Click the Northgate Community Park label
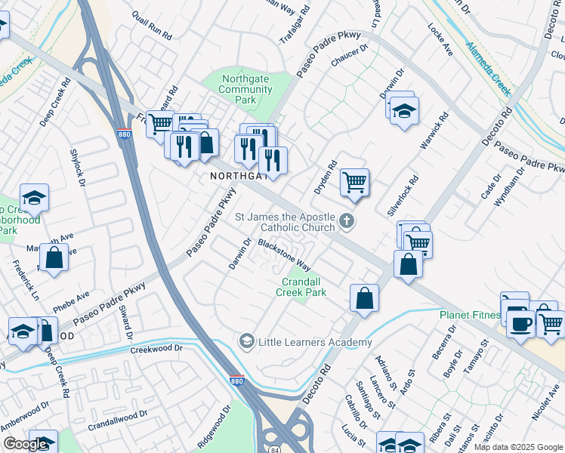coord(245,90)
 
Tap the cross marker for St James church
coord(347,221)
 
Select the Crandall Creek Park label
coord(301,287)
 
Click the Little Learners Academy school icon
coord(246,342)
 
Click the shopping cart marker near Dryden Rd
coord(354,182)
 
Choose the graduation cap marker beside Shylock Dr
coord(34,197)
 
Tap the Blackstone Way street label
coord(285,255)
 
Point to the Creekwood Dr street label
coord(157,349)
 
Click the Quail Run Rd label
coord(152,26)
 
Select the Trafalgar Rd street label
coord(295,26)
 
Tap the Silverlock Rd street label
coord(403,197)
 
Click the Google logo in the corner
coord(25,444)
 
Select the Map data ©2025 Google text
coord(518,447)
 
